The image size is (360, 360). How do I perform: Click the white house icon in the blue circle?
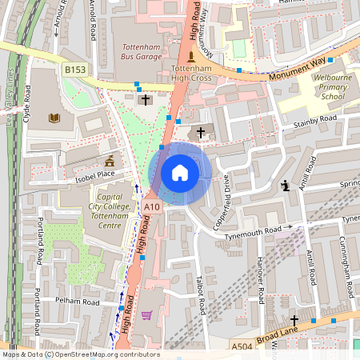(180, 173)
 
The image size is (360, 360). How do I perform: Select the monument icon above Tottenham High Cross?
(190, 57)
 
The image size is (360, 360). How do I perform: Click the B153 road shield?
(75, 71)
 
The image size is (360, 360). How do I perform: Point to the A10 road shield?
(152, 207)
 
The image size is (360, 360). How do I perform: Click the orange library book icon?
(54, 119)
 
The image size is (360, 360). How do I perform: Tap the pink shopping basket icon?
(146, 315)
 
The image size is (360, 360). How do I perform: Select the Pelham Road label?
(78, 302)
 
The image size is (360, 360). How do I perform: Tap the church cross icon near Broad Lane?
(294, 319)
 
